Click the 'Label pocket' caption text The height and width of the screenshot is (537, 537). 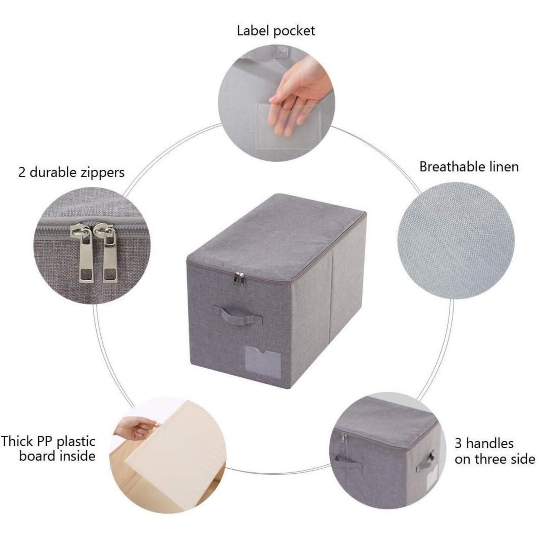(x=276, y=31)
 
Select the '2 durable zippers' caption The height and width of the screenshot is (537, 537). (x=71, y=173)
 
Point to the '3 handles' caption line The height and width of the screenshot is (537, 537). (x=484, y=444)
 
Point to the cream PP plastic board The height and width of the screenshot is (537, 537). (x=175, y=455)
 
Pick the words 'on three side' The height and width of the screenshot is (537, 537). (x=495, y=459)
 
